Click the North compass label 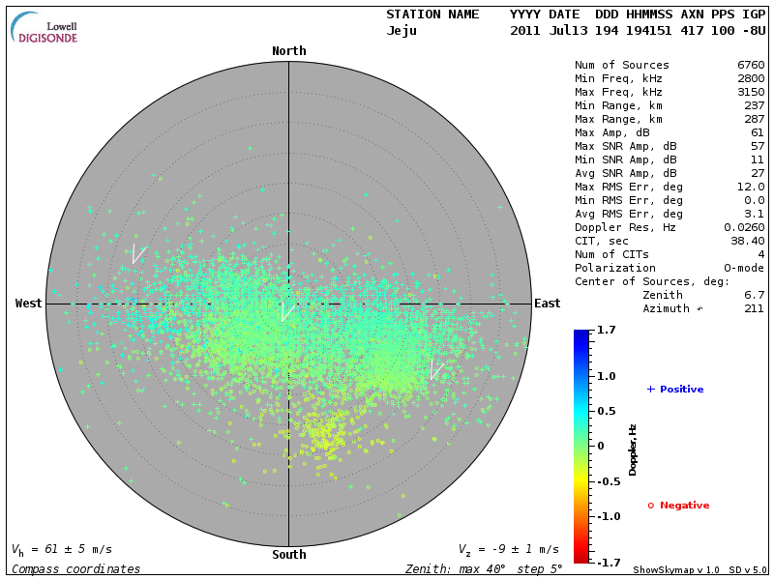coord(288,51)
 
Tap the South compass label coord(288,555)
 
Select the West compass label coord(29,304)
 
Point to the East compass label coord(547,304)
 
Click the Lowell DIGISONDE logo coord(45,28)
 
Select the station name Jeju coord(402,31)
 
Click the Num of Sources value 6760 coord(750,65)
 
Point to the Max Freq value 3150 coord(750,92)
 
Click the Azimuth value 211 coord(754,308)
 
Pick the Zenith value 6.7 coord(754,295)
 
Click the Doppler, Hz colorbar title coord(633,449)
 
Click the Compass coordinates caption coord(75,568)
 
